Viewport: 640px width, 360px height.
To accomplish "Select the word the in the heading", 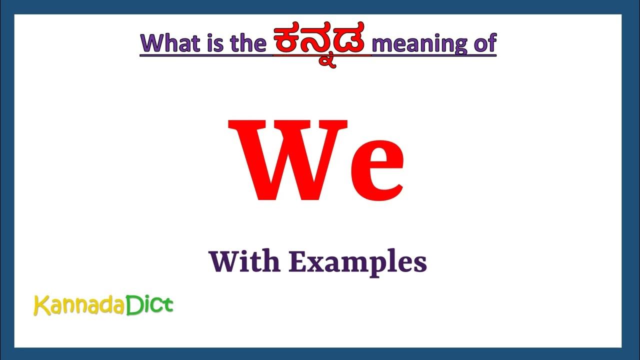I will pos(247,44).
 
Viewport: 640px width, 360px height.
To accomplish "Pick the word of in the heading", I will pos(483,44).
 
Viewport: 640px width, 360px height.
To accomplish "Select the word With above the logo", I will pos(245,261).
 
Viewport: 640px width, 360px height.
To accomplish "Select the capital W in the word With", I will pos(224,261).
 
